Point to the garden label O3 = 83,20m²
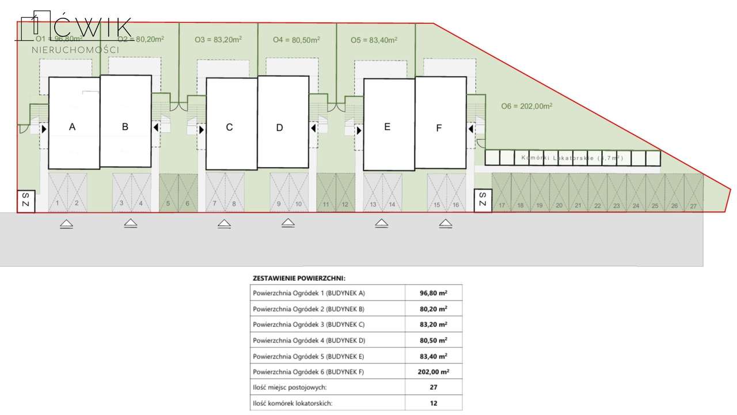tap(218, 40)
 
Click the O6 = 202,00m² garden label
tap(526, 106)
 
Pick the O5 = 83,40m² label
tap(374, 40)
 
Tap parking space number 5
tap(169, 193)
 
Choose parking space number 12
tap(345, 193)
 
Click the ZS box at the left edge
tap(26, 201)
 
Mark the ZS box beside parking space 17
tap(483, 200)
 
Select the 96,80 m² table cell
tap(434, 293)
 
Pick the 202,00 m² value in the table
tap(434, 372)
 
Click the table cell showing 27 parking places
tap(434, 387)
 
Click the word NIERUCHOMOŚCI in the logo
tap(75, 50)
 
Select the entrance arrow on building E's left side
tap(359, 131)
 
